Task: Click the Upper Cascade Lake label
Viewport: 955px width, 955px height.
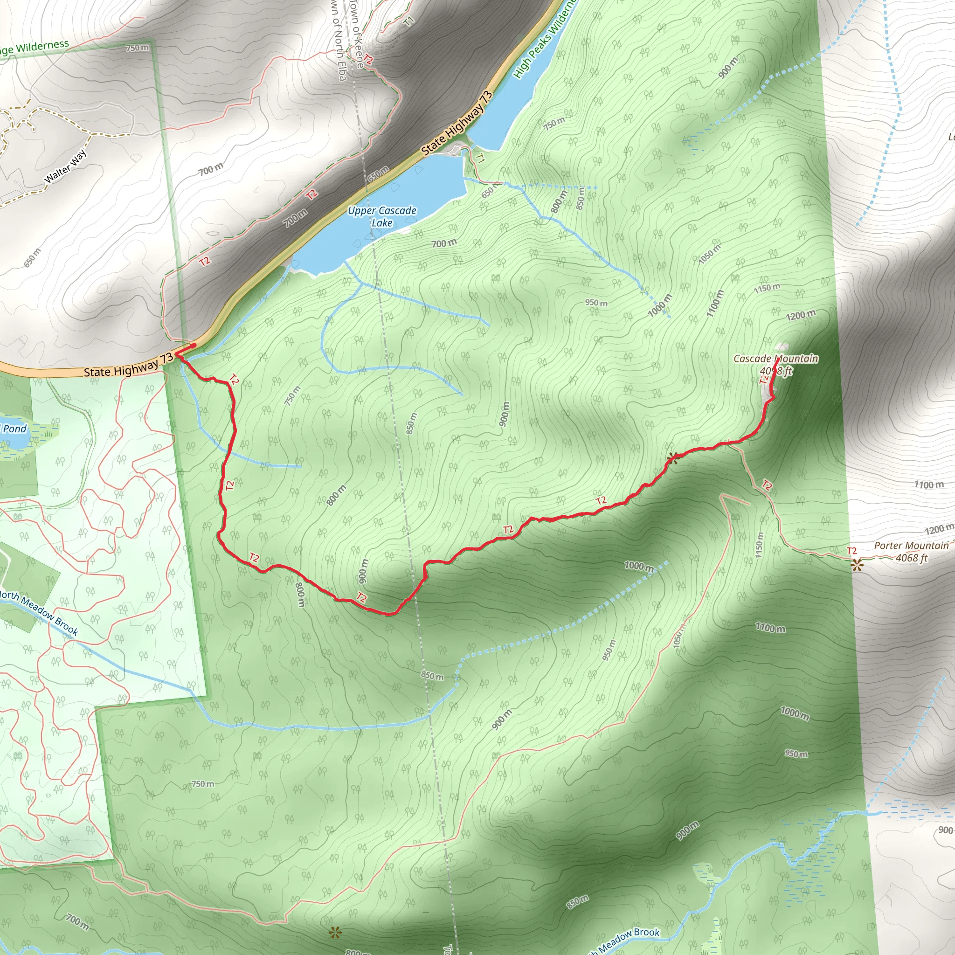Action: (x=381, y=216)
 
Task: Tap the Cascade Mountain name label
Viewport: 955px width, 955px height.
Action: (x=775, y=359)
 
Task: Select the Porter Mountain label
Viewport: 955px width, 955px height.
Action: (x=911, y=546)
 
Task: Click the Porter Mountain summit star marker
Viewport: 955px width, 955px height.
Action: (x=857, y=565)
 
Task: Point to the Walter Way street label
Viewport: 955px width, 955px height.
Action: (x=66, y=166)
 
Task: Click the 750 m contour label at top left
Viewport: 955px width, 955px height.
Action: (x=137, y=48)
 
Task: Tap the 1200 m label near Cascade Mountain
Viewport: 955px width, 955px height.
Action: (x=801, y=315)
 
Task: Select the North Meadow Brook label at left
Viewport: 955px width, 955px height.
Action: (x=39, y=612)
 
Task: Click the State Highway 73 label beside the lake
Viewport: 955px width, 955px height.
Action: (x=457, y=124)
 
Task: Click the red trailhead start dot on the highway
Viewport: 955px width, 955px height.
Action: (x=194, y=345)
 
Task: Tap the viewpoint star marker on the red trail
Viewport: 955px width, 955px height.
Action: (x=672, y=458)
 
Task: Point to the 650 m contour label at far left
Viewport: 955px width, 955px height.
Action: (x=33, y=257)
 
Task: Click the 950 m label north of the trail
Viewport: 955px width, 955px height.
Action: (x=596, y=303)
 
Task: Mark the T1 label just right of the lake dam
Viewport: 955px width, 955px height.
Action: (x=480, y=158)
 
